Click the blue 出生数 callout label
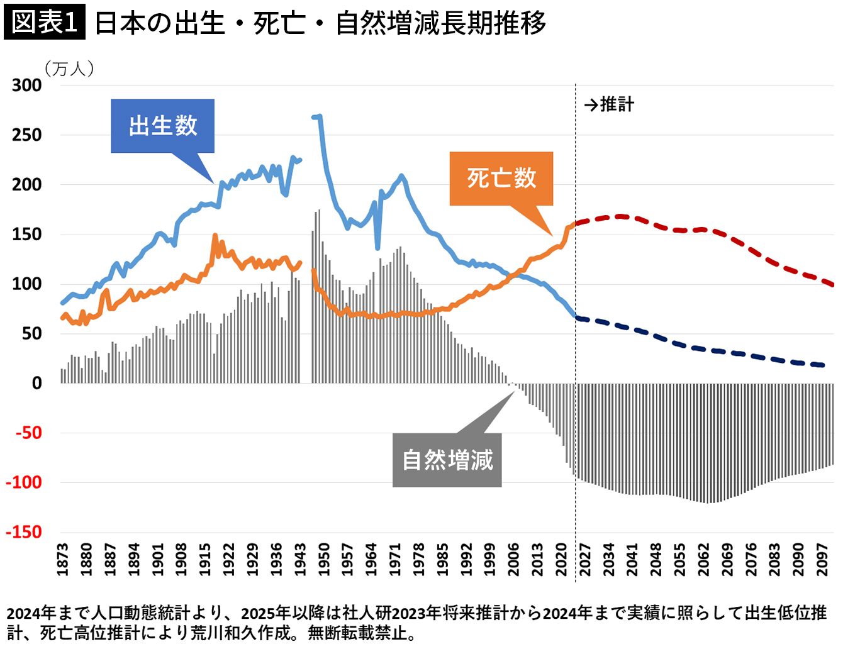tap(162, 126)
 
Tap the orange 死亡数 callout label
tap(501, 178)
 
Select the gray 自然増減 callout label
tap(447, 460)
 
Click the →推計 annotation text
tap(609, 104)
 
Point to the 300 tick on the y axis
tap(26, 86)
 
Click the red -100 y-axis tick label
tap(24, 482)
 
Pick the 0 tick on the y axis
tap(37, 383)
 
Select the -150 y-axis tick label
tap(24, 532)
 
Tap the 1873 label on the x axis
tap(63, 559)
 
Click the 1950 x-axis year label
tap(324, 559)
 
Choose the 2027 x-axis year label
tap(585, 559)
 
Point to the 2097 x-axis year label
tap(822, 559)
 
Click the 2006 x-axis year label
tap(514, 559)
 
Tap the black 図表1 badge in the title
tap(44, 23)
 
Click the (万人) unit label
tap(69, 68)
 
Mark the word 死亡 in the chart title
tap(279, 24)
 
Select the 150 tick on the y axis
tap(26, 234)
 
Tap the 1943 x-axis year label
tap(300, 559)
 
